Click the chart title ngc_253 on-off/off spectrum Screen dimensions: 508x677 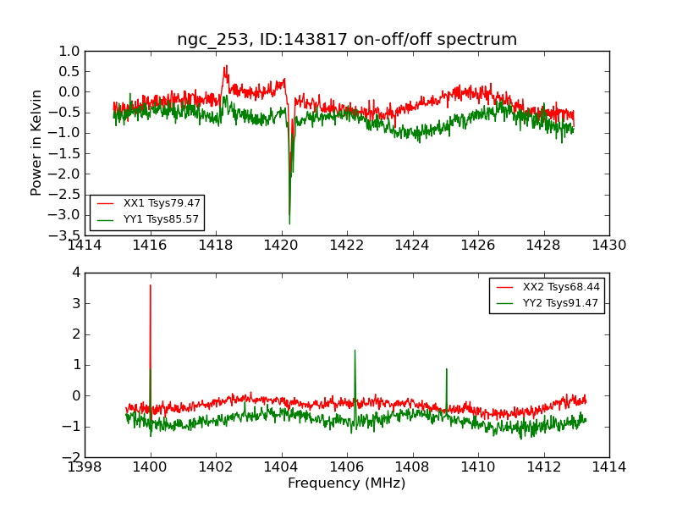[347, 40]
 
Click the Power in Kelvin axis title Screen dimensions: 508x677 [36, 142]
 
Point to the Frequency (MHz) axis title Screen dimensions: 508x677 [347, 483]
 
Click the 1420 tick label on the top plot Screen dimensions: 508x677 [281, 246]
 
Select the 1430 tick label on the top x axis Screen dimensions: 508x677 [608, 246]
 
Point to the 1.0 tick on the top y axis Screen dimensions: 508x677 [69, 51]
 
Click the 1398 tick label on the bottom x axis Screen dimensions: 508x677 [85, 468]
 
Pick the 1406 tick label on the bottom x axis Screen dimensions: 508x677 [347, 468]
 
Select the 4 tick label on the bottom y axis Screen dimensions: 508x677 [75, 273]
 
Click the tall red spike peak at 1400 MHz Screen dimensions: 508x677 [151, 285]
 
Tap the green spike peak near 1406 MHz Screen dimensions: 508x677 [355, 350]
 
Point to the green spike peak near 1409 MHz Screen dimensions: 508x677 [446, 368]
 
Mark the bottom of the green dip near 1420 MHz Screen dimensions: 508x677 [289, 224]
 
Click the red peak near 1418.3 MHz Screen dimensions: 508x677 [226, 65]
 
